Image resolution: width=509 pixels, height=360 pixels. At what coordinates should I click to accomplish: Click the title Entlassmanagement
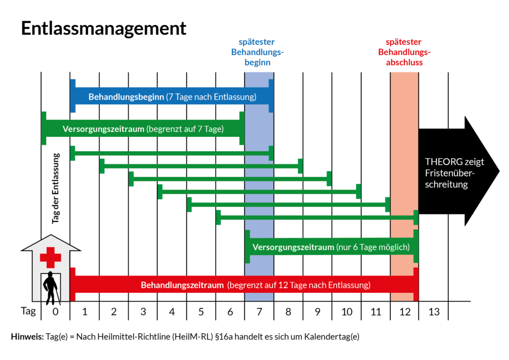point(103,28)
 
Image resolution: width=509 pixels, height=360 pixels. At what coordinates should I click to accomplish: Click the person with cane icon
point(51,288)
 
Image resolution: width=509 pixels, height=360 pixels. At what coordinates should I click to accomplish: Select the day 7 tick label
point(259,312)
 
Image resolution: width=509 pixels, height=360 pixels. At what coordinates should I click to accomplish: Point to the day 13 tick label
point(433,312)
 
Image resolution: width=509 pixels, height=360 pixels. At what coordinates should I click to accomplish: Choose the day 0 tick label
point(55,312)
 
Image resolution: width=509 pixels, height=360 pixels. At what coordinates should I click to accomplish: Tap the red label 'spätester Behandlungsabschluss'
point(404,52)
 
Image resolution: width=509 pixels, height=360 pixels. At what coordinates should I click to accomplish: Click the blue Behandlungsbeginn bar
point(172,96)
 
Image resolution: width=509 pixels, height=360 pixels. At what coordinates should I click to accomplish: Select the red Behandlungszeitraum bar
point(244,285)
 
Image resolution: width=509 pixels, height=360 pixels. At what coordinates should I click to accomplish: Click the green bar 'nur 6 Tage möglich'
point(331,247)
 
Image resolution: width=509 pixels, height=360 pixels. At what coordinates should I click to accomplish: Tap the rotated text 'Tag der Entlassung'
point(56,188)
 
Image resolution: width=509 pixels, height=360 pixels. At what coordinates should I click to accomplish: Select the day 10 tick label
point(346,312)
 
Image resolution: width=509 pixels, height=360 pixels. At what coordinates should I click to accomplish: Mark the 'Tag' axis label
point(28,312)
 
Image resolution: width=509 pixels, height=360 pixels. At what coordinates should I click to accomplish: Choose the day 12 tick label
point(404,312)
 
